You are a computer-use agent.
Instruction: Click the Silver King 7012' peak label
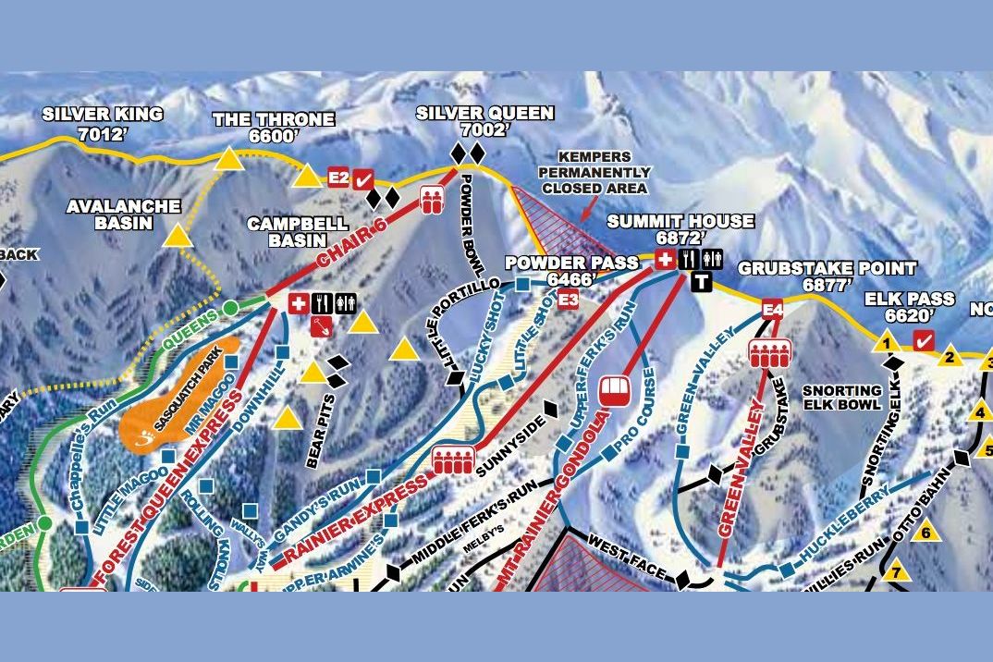(x=103, y=123)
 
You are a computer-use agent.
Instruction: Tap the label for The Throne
(x=273, y=128)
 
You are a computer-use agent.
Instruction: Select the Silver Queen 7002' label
(x=484, y=121)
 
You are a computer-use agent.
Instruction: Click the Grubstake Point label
(x=827, y=276)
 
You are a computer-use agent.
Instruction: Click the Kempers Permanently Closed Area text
(x=595, y=173)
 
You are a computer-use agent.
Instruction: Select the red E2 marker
(x=338, y=178)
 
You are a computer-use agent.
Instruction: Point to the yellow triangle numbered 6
(x=925, y=532)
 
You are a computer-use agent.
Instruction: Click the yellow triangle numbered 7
(x=895, y=573)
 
